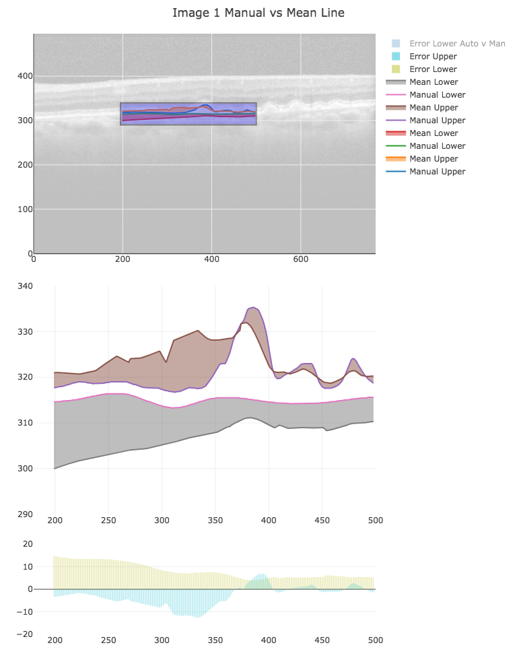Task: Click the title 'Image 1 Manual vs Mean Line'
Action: click(x=258, y=13)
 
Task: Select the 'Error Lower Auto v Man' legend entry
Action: click(x=456, y=44)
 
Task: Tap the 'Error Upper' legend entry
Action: click(x=433, y=57)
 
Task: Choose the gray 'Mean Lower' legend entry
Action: click(x=433, y=82)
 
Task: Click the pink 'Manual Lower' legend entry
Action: click(x=437, y=95)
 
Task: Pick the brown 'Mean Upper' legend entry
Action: click(x=434, y=108)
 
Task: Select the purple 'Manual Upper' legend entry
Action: click(x=437, y=121)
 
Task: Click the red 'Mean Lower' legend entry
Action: click(x=433, y=133)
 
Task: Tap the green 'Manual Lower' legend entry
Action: click(x=437, y=146)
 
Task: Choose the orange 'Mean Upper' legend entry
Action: click(x=434, y=159)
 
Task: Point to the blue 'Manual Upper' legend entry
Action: click(x=437, y=172)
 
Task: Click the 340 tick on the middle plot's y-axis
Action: click(x=25, y=286)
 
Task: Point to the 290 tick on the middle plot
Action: click(x=25, y=514)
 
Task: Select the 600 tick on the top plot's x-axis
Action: click(x=301, y=259)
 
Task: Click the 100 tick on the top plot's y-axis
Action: click(x=25, y=209)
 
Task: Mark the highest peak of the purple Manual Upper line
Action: click(x=253, y=307)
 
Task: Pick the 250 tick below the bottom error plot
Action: click(x=108, y=640)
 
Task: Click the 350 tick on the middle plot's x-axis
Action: click(x=215, y=521)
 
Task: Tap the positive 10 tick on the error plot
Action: click(x=28, y=566)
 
